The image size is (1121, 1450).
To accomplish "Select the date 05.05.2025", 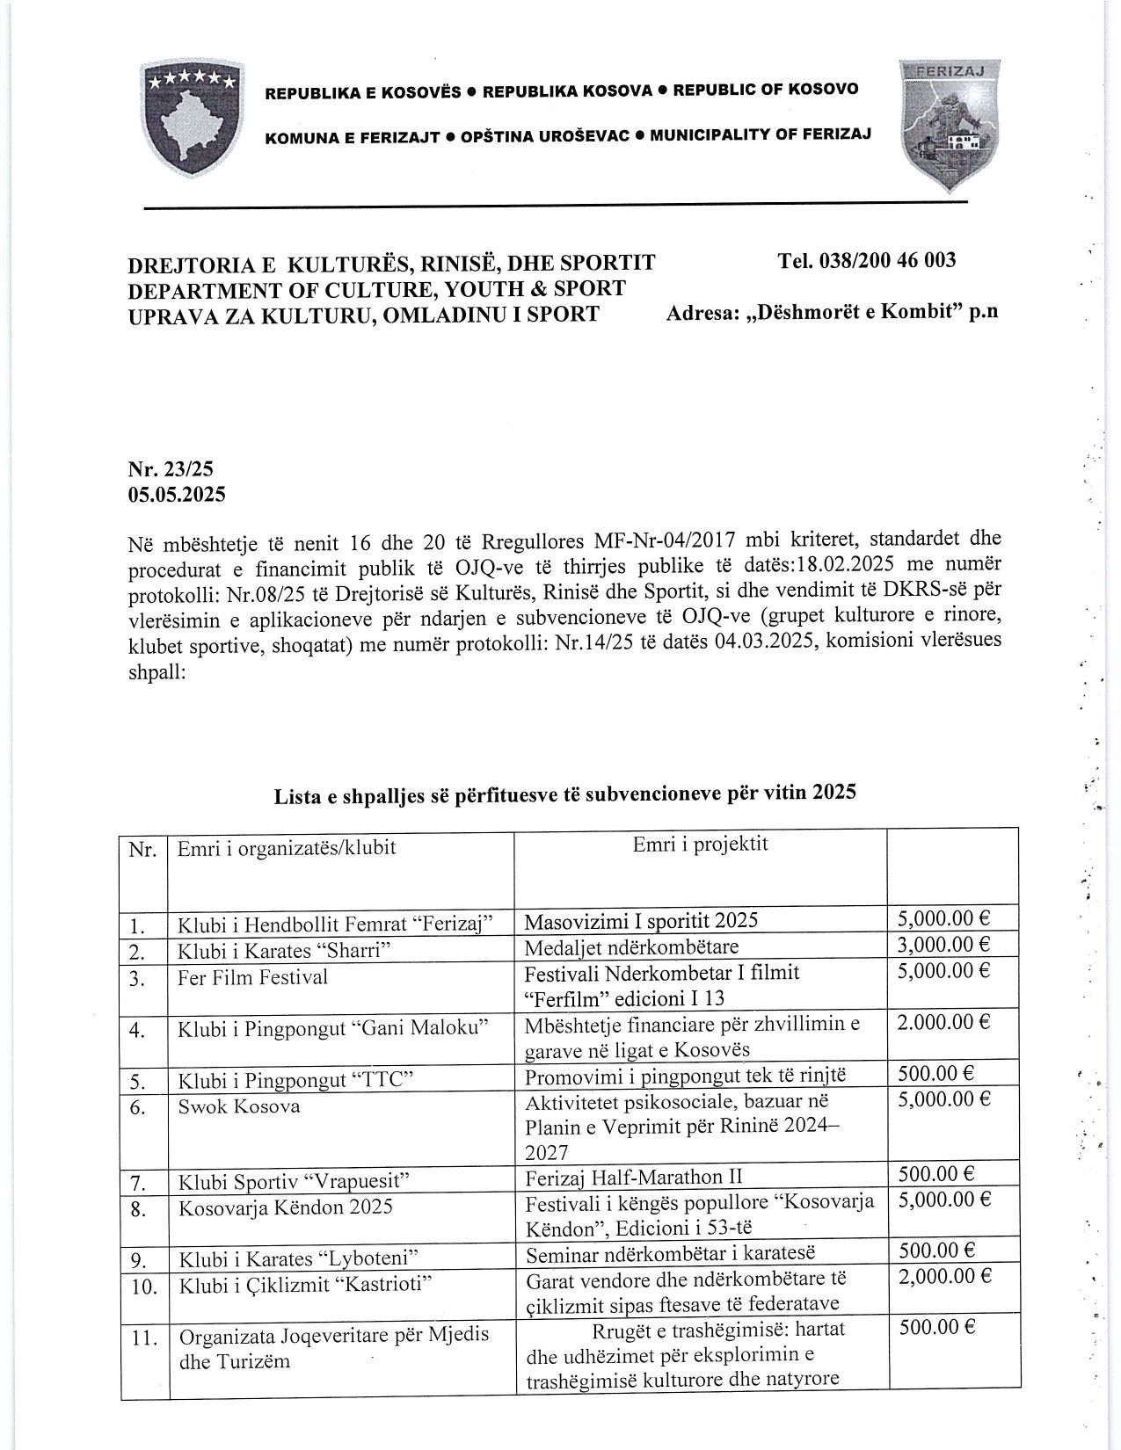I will click(176, 494).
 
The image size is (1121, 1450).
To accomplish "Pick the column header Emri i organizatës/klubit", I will click(287, 848).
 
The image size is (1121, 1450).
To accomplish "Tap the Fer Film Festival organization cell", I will click(253, 977).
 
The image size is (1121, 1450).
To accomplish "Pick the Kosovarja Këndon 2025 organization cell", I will click(285, 1207).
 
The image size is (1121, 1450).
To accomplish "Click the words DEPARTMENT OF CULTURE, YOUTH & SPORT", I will click(377, 287).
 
